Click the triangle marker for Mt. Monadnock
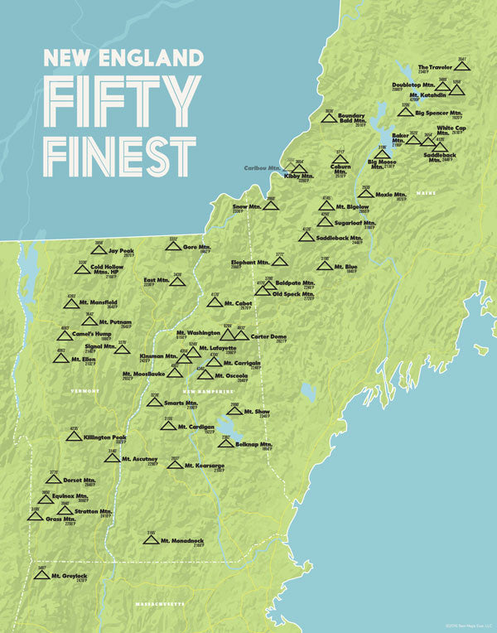[x=151, y=539]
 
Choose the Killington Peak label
[x=105, y=437]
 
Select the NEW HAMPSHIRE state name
[x=203, y=390]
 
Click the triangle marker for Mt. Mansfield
[x=71, y=303]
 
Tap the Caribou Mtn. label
[x=262, y=168]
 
